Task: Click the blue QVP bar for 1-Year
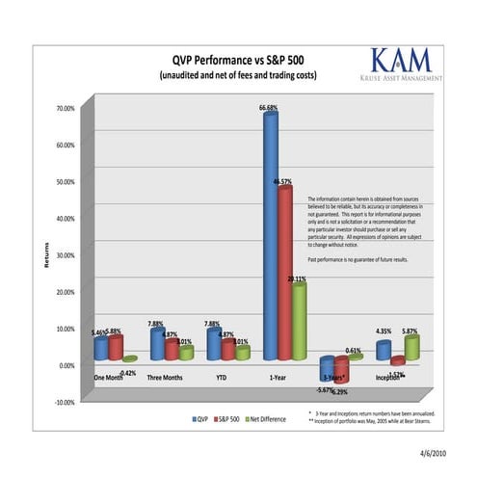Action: point(270,236)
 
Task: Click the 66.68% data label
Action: point(269,108)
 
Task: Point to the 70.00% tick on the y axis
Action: point(63,109)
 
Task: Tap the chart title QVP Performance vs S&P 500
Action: point(238,58)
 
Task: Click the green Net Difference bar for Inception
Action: point(411,347)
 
